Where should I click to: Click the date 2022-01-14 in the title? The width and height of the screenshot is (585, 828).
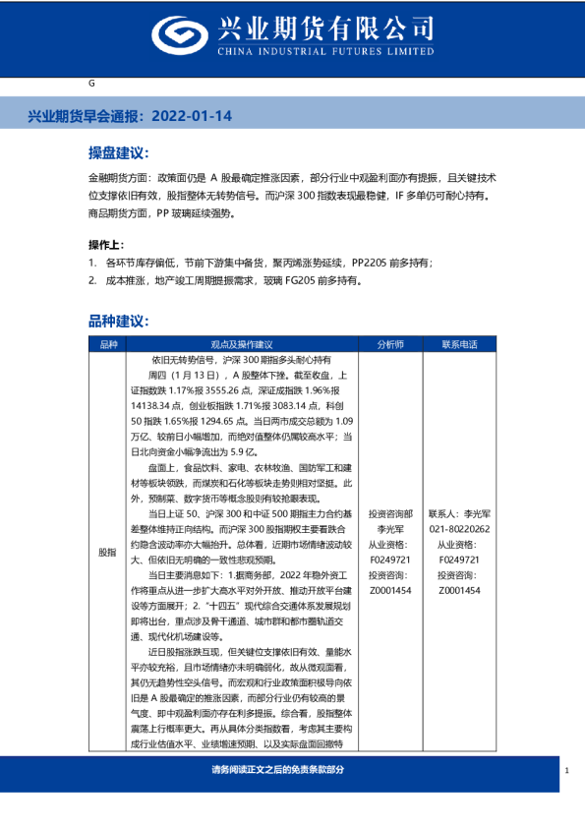[193, 116]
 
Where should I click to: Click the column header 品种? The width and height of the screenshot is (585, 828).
[107, 344]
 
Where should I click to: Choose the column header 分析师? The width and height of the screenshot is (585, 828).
[390, 344]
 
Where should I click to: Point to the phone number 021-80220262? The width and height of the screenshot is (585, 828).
[458, 528]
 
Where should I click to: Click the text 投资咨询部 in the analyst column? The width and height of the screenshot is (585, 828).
[390, 514]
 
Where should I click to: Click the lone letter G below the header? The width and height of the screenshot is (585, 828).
[91, 84]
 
